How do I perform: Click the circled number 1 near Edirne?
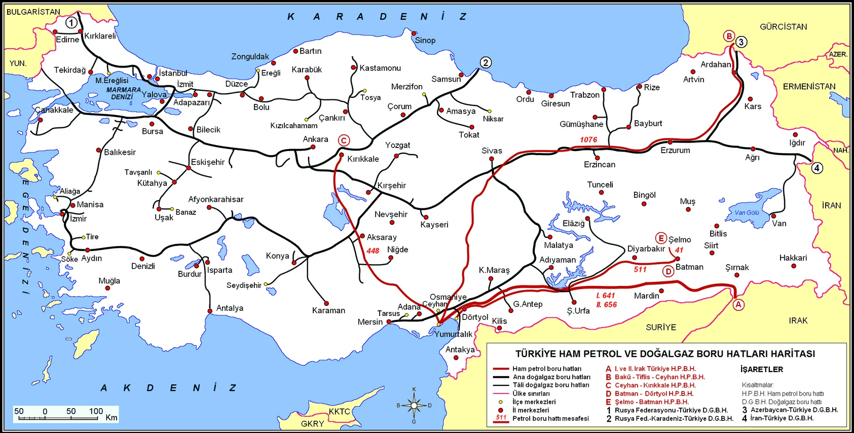coord(71,22)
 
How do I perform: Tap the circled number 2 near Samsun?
coord(486,62)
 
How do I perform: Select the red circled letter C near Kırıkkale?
coord(344,140)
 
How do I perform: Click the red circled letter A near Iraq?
coord(738,304)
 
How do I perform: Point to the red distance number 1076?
coord(588,139)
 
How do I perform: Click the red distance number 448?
coord(373,250)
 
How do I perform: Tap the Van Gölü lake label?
coord(747,212)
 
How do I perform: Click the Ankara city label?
coord(315,139)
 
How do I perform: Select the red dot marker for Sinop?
coord(414,33)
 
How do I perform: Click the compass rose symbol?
coord(414,405)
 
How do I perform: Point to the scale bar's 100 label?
coord(96,411)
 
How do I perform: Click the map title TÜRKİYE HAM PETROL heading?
coord(665,353)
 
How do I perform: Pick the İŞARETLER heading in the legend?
coord(761,369)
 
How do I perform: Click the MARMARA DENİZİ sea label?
coord(123,93)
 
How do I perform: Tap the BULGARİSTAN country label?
coord(33,12)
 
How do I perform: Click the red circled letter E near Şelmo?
coord(660,238)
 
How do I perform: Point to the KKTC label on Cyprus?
coord(339,411)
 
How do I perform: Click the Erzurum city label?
coord(675,150)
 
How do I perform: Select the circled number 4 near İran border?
coord(817,168)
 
